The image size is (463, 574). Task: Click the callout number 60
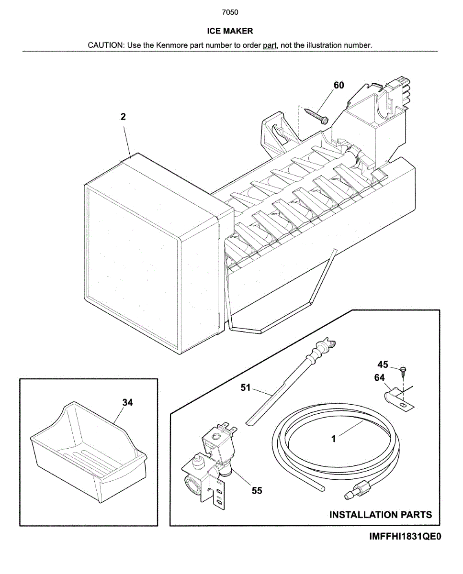click(x=339, y=85)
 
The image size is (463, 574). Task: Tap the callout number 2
click(x=123, y=117)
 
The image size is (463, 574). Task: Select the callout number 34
click(x=127, y=402)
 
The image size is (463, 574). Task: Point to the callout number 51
click(x=246, y=389)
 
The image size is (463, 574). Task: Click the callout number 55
click(x=257, y=490)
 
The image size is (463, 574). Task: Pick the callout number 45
click(x=383, y=365)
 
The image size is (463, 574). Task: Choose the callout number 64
click(x=379, y=378)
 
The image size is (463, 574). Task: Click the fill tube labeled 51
click(x=287, y=383)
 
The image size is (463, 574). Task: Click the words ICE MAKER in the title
click(x=230, y=31)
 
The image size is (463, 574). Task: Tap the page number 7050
click(x=230, y=12)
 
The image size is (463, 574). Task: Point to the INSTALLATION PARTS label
click(x=381, y=515)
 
